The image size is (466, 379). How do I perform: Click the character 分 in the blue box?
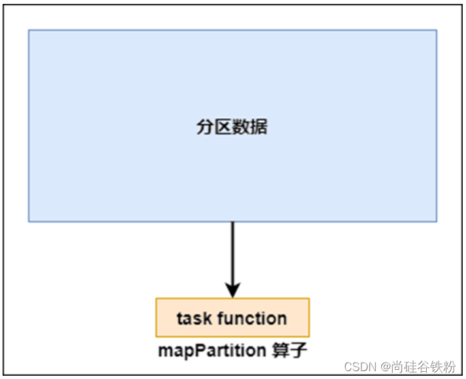[205, 127]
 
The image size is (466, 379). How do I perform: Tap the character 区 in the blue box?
[223, 127]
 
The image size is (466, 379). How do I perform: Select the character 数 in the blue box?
[241, 127]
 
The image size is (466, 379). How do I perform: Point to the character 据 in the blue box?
[258, 127]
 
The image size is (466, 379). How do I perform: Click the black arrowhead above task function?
[233, 290]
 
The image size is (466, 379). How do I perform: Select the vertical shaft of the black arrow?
[233, 252]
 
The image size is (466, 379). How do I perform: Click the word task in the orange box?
[194, 318]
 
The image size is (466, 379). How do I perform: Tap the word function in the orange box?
[252, 318]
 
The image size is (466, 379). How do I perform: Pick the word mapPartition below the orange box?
[212, 351]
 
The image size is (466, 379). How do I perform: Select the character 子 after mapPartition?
[298, 350]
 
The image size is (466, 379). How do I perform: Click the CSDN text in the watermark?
[360, 367]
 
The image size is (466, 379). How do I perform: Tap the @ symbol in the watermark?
[386, 367]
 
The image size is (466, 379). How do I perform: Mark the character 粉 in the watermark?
[449, 367]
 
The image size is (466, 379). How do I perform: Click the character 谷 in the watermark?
[424, 367]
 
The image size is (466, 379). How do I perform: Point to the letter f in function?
[222, 318]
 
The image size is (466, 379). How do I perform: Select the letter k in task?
[208, 318]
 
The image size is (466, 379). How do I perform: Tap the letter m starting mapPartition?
[165, 351]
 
